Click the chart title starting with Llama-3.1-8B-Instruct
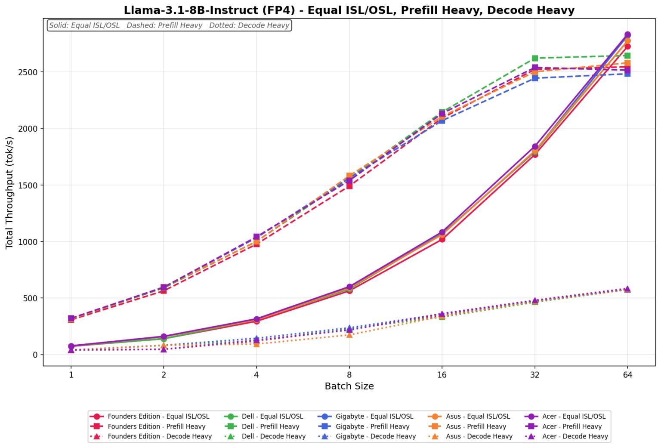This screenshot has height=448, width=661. tap(349, 10)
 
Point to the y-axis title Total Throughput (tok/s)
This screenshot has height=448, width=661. tap(9, 193)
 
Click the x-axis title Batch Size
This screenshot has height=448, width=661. tap(349, 386)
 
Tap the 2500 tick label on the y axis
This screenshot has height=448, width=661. tap(28, 72)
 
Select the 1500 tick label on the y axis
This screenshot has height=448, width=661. tap(28, 185)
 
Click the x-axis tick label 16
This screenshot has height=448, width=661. tap(442, 374)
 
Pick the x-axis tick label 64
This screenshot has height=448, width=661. tap(627, 374)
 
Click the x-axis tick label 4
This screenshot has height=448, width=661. tap(256, 374)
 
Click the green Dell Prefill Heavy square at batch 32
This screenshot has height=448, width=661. tap(535, 58)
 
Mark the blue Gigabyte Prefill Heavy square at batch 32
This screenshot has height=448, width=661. tap(535, 78)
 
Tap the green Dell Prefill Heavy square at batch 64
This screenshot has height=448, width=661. tap(627, 56)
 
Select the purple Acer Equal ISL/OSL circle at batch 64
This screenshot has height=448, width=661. tap(627, 35)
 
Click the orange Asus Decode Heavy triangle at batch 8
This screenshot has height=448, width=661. tap(349, 334)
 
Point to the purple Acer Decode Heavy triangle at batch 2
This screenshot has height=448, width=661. tap(164, 349)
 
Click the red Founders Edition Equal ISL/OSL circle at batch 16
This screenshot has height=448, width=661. tap(442, 239)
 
